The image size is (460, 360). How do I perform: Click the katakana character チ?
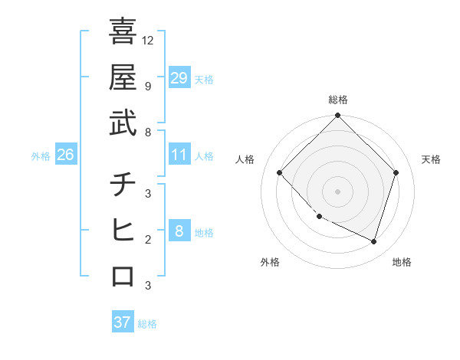[123, 185]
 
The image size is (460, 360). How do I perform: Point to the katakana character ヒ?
[123, 230]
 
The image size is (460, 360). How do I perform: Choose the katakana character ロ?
[123, 276]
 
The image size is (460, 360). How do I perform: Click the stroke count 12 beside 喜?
[149, 40]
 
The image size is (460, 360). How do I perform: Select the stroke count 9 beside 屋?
[147, 86]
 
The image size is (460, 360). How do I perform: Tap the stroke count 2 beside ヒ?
[147, 240]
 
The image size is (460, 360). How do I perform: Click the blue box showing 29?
[179, 78]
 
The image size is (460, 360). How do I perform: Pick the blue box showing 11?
[179, 155]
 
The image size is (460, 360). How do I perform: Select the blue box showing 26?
[65, 155]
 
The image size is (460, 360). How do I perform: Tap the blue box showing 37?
[123, 322]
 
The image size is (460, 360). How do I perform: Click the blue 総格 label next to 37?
[147, 324]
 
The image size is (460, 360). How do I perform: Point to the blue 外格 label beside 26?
[41, 156]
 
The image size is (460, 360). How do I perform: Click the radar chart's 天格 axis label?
[432, 159]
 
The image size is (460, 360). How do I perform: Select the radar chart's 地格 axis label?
[402, 262]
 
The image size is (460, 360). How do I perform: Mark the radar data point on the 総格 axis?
[337, 116]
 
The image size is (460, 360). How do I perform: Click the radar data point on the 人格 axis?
[280, 173]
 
